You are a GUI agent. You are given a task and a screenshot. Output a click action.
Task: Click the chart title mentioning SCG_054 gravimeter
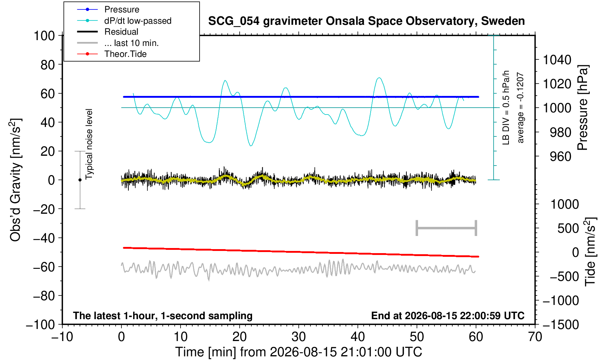coord(366,21)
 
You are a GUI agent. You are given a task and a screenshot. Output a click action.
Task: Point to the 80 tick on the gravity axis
coord(48,65)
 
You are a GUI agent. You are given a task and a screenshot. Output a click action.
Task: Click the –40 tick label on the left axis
coord(44,238)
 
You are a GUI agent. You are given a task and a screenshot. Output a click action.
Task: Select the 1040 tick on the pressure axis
coord(557,59)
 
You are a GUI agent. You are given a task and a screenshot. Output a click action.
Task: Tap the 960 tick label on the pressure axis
coord(560,156)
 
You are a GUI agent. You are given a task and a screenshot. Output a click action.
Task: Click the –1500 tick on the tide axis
coord(561,325)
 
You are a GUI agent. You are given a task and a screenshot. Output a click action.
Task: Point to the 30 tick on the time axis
coord(298,337)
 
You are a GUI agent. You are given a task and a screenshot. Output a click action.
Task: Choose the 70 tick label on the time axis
coord(535,337)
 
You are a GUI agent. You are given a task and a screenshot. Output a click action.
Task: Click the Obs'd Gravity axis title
coord(16,180)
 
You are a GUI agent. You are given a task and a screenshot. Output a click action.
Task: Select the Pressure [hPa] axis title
coord(583,108)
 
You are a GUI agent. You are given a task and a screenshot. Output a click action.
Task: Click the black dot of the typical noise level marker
coord(80,180)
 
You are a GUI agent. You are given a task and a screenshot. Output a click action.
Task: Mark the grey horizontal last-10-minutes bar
coord(447,228)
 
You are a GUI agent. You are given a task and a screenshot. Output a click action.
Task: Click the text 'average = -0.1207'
coord(521,108)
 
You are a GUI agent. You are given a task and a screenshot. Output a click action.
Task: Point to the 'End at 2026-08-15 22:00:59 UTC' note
coord(448,316)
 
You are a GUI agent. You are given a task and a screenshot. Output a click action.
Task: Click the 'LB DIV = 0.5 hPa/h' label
coord(506,108)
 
